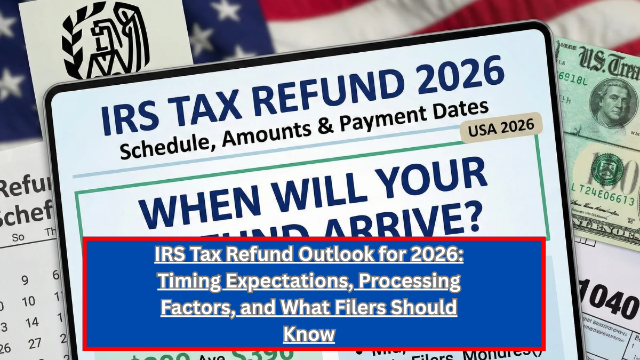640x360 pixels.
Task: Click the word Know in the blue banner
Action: click(309, 334)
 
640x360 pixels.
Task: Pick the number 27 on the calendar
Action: click(34, 343)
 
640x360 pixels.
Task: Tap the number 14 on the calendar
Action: click(33, 322)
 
